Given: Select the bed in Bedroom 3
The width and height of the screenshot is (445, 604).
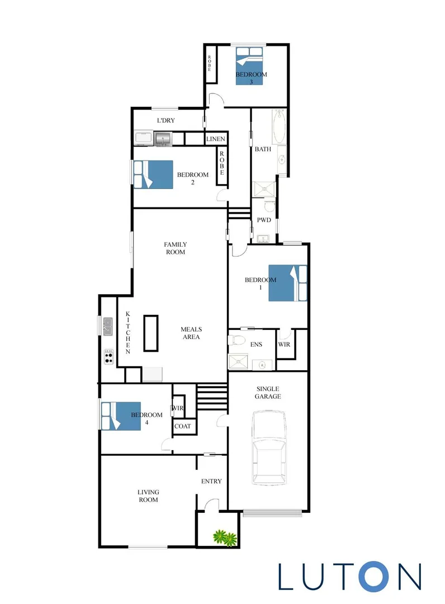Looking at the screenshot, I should click(x=249, y=66).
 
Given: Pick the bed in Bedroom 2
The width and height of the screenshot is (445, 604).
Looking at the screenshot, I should click(x=153, y=174).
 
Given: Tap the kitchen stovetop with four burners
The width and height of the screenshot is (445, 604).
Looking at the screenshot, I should click(x=108, y=356).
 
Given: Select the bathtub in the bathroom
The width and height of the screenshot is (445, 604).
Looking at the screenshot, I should click(x=278, y=125).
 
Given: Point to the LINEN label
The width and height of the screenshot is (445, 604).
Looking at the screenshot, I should click(x=216, y=139).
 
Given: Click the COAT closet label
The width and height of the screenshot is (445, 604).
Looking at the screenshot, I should click(x=183, y=426).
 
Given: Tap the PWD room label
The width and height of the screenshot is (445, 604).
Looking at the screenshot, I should click(x=264, y=220).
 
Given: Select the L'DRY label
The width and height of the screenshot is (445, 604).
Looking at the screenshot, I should click(x=166, y=121).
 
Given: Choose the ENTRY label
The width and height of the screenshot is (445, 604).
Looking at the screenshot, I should click(x=211, y=481).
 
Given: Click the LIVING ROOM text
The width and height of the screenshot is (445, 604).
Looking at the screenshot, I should click(x=148, y=496).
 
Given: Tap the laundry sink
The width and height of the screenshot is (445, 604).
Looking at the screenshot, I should click(x=163, y=138).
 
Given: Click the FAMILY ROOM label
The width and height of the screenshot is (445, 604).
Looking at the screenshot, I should click(x=175, y=248).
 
